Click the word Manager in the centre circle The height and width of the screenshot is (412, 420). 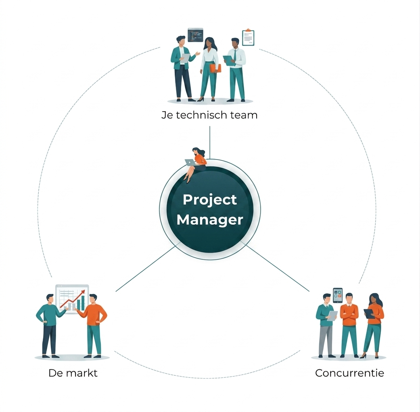pos(210,220)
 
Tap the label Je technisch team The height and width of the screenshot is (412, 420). pos(209,115)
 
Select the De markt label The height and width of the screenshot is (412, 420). pos(73,373)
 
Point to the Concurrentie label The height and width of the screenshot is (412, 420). pos(349,373)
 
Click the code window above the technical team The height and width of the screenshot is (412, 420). pos(195,35)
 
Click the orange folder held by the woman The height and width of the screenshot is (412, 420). pos(215,68)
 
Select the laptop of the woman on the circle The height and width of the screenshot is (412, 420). pos(190,162)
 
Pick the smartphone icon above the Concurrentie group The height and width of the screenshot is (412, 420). pos(338,295)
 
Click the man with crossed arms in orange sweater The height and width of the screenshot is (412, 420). pos(349,325)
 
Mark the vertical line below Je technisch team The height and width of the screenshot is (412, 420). pos(210,143)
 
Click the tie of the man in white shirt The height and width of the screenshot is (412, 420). pos(235,55)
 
